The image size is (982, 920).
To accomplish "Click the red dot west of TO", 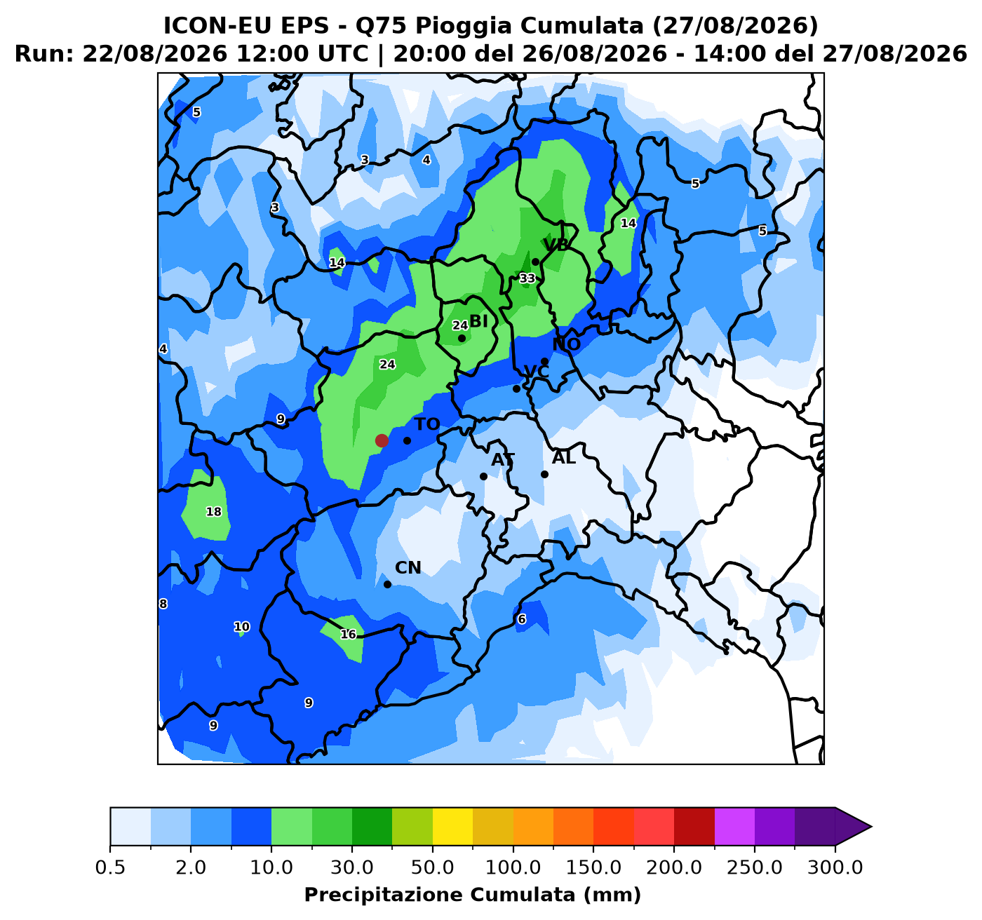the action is click(x=382, y=440).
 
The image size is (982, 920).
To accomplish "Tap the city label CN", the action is click(x=408, y=568).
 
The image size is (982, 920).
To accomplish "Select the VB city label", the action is click(x=556, y=245).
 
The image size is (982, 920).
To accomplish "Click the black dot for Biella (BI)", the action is click(x=462, y=338).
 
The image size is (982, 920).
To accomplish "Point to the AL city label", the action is click(x=564, y=459).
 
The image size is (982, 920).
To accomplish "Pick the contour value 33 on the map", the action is click(x=527, y=278).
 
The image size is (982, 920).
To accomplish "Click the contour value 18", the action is click(x=214, y=512).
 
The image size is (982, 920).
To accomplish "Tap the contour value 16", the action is click(x=348, y=635).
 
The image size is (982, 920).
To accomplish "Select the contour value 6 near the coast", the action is click(x=522, y=619).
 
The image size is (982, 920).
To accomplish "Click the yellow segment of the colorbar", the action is click(x=452, y=827).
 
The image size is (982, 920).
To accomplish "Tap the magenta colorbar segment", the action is click(x=734, y=827).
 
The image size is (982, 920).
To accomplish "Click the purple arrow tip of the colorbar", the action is click(x=871, y=827).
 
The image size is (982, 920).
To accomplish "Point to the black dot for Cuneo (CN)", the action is click(x=388, y=584).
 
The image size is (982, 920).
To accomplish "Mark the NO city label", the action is click(x=566, y=344).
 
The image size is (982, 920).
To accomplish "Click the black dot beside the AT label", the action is click(x=483, y=477).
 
